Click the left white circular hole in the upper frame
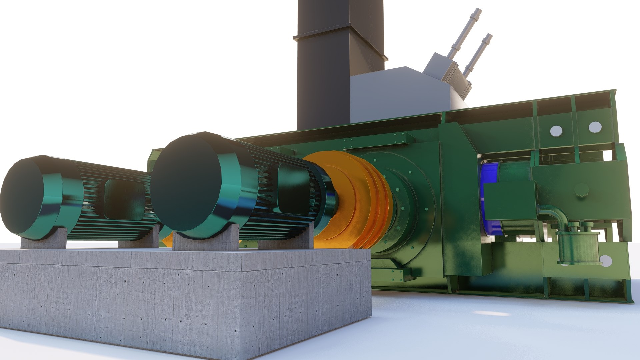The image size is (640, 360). (x=556, y=131)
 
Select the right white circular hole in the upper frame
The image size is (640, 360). (x=595, y=127)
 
